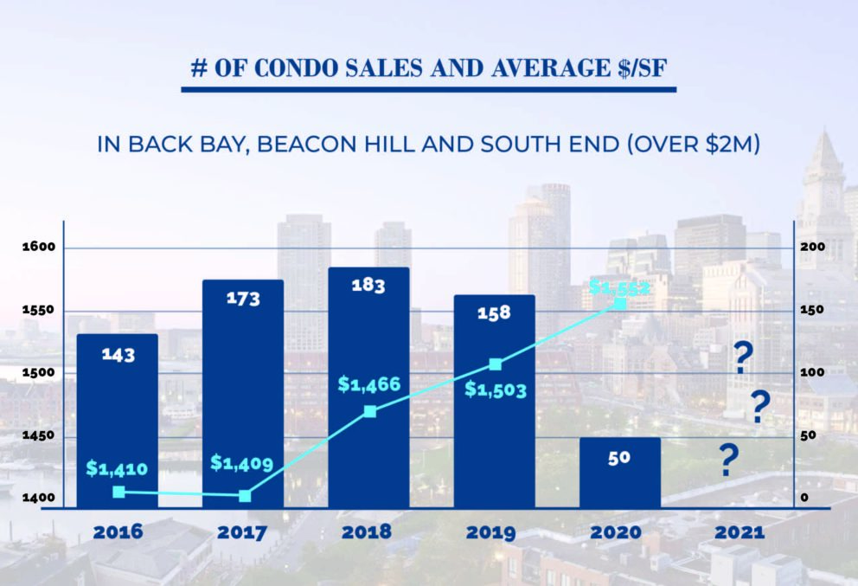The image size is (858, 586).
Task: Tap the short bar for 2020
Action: point(620,472)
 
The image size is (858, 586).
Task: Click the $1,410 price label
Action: point(117,469)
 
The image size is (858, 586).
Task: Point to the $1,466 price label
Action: point(368,383)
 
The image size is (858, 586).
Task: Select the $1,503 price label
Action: point(495,390)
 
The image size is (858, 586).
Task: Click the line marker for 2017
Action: point(245,495)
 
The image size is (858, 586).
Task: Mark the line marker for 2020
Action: point(620,303)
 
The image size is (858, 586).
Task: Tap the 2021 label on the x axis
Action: point(740,531)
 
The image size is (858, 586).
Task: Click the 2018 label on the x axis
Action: point(367,531)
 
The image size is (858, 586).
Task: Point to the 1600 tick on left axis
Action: point(38,248)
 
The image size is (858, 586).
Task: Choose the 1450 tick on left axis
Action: point(38,436)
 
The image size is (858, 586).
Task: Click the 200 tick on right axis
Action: point(813,248)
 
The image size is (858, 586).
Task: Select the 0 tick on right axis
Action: point(804,498)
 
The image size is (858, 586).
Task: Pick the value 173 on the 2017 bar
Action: point(242,299)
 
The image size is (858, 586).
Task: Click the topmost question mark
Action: point(741,357)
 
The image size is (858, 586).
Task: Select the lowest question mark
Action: point(729,463)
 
